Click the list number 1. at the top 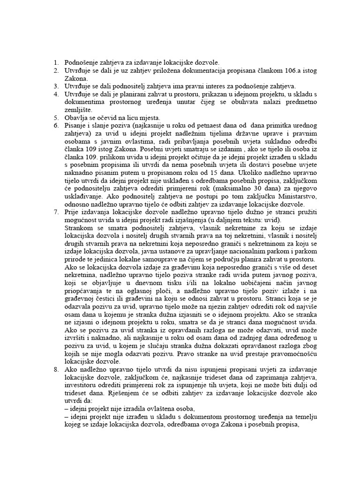[x=54, y=62]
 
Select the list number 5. [x=54, y=117]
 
